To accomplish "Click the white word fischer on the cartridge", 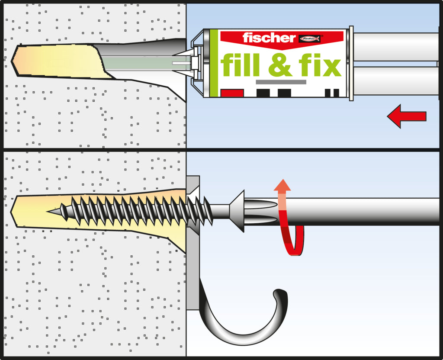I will click(x=269, y=38).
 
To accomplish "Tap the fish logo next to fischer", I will click(x=310, y=39).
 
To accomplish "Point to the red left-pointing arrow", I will click(x=406, y=116).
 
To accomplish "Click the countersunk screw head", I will click(x=238, y=211).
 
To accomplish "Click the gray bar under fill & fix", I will click(x=281, y=82).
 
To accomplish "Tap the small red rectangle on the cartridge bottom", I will click(x=232, y=93).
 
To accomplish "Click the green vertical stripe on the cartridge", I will click(x=214, y=63).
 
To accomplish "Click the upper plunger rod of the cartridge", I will click(x=396, y=46).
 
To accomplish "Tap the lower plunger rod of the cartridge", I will click(x=396, y=80).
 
